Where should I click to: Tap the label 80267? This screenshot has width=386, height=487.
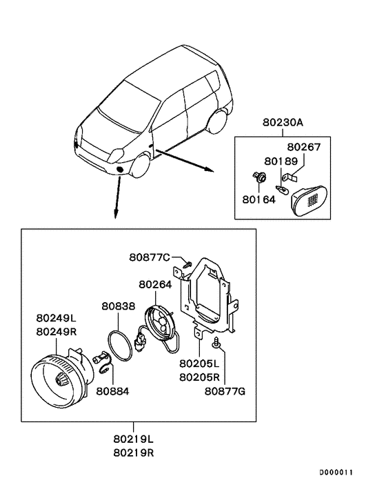[304, 148]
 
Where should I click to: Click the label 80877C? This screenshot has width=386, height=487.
[149, 258]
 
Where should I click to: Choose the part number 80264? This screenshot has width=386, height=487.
[155, 284]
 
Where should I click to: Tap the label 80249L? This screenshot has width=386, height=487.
[57, 319]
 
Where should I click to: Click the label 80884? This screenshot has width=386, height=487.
[112, 391]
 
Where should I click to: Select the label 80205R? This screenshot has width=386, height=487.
[199, 377]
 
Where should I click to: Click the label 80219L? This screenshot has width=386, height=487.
[134, 438]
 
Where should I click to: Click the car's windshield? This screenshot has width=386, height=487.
[123, 112]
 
